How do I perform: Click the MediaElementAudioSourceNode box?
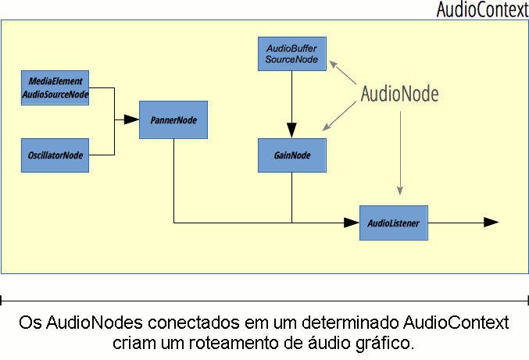coord(55,87)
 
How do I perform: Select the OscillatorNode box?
coord(55,155)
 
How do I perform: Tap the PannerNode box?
coord(173,120)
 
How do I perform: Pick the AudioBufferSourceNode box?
coord(291,54)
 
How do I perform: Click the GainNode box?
coord(291,155)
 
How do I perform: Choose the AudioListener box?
coord(394,223)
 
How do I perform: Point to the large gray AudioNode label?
coord(399,94)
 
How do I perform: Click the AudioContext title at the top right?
coord(482,10)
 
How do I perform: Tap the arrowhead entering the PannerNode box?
coord(131,120)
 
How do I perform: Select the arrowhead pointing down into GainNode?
coord(291,130)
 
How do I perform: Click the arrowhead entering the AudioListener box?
coord(352,223)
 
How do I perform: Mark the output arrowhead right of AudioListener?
coord(491,223)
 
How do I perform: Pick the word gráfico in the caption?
coord(383,343)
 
